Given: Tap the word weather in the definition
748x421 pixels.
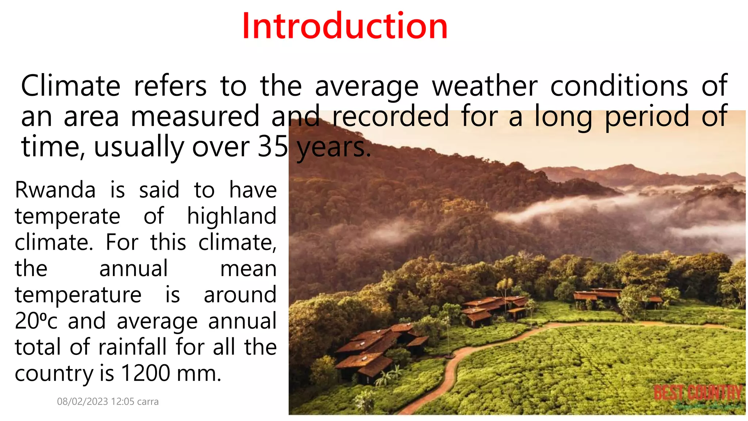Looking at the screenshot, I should tap(485, 86).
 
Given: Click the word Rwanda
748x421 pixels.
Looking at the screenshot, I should tap(55, 190).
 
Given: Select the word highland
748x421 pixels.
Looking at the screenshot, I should tap(232, 216).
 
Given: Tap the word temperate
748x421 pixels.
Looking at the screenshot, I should tap(68, 217).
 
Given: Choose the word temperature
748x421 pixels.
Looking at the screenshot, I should tap(78, 295).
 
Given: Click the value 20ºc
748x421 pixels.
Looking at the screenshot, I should tap(36, 321).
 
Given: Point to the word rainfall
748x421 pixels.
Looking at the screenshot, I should tap(133, 347).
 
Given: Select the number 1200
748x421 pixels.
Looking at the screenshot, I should tap(145, 373).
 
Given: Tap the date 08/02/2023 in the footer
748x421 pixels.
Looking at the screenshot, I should tap(83, 402).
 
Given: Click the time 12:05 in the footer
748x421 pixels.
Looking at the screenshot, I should tap(123, 402).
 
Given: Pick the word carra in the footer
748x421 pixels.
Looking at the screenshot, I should tap(148, 402).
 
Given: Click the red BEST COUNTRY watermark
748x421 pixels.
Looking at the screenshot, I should tap(698, 393).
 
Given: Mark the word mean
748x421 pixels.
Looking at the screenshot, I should tap(248, 269).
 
